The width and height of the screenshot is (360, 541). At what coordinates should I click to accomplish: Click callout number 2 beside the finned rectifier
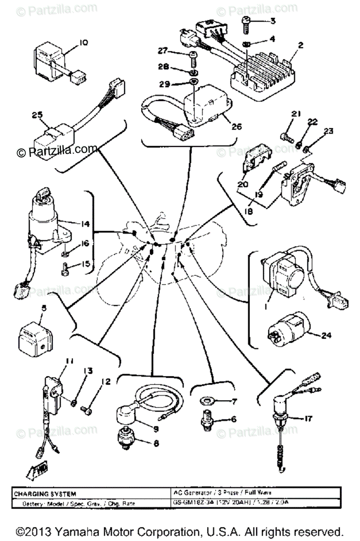(x=301, y=45)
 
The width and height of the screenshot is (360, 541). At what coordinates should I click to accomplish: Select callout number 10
(x=84, y=43)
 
